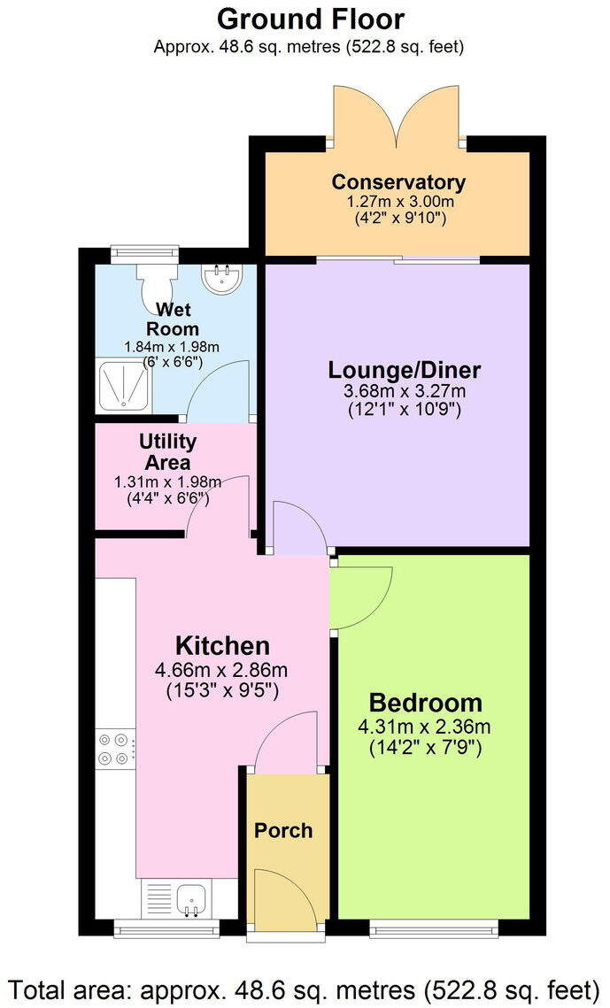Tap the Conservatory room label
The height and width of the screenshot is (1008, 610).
398,182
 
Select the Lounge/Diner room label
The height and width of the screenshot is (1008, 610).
405,369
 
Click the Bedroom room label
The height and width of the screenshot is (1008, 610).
426,704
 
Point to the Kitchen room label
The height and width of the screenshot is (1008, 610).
222,645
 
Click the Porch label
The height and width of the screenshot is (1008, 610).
283,830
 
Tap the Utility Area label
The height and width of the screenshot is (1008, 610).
167,451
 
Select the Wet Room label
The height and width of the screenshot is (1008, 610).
177,319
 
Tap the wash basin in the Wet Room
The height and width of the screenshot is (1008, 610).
218,280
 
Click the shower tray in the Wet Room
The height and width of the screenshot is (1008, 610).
124,388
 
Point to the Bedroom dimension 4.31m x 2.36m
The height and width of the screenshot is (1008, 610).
426,727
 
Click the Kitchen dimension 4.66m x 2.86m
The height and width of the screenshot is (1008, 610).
221,670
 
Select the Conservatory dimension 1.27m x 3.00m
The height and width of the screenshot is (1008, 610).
398,202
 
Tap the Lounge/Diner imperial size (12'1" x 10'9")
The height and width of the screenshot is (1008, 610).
405,410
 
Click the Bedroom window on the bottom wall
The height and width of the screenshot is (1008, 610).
434,927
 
